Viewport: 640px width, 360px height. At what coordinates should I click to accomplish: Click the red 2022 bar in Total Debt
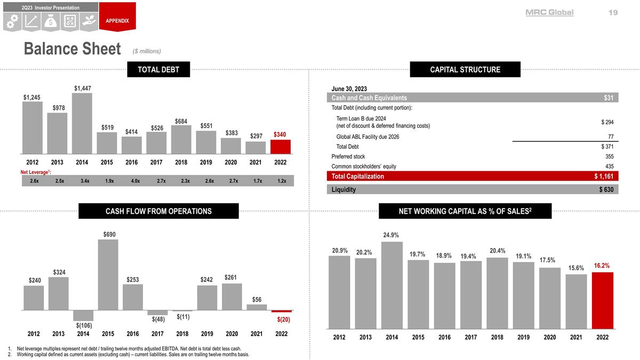click(281, 147)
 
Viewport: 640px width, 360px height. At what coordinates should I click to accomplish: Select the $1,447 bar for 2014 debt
click(82, 123)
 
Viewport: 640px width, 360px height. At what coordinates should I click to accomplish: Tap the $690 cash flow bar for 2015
click(108, 275)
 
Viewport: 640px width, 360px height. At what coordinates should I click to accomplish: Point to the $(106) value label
click(84, 325)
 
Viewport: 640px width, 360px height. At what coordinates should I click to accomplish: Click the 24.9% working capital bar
click(392, 285)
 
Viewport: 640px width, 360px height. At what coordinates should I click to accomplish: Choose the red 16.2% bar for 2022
click(603, 301)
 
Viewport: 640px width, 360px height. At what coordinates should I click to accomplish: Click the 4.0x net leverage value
click(135, 181)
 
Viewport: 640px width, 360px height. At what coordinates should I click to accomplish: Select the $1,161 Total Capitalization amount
click(604, 177)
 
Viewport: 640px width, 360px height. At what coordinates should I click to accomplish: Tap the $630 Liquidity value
click(606, 189)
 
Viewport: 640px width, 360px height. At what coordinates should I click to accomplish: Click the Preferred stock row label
click(348, 157)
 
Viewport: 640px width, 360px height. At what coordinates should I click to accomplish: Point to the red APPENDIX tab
click(117, 17)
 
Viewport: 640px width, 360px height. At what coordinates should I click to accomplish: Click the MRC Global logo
click(549, 13)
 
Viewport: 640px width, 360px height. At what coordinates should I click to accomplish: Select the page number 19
click(613, 13)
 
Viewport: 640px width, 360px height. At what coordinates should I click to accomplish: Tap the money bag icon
click(51, 22)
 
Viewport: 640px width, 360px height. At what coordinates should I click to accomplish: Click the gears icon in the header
click(12, 22)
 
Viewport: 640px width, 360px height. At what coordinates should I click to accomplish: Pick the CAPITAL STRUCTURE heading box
click(465, 69)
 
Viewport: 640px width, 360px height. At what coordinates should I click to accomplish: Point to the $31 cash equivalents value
click(609, 98)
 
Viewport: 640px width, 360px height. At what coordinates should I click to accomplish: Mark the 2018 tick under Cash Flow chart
click(182, 334)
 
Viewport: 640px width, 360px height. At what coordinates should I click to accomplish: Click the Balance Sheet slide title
click(73, 49)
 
